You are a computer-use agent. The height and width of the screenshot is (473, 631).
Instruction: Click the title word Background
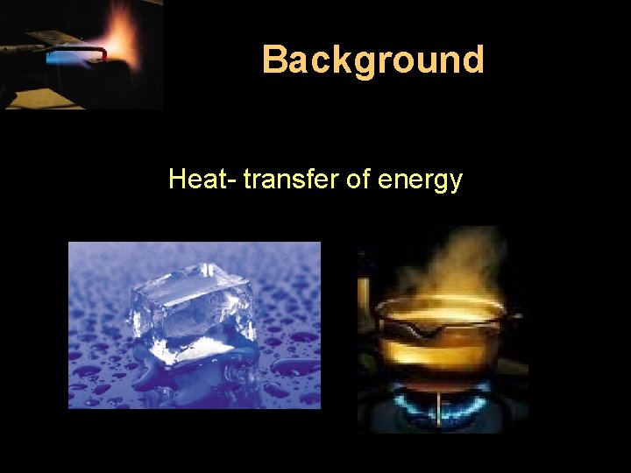372,60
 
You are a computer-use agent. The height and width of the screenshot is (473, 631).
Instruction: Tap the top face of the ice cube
188,285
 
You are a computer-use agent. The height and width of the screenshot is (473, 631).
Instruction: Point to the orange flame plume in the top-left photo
123,35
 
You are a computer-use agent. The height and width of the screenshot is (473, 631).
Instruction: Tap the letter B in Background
275,60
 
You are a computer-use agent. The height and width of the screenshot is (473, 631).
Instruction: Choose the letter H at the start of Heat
176,180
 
